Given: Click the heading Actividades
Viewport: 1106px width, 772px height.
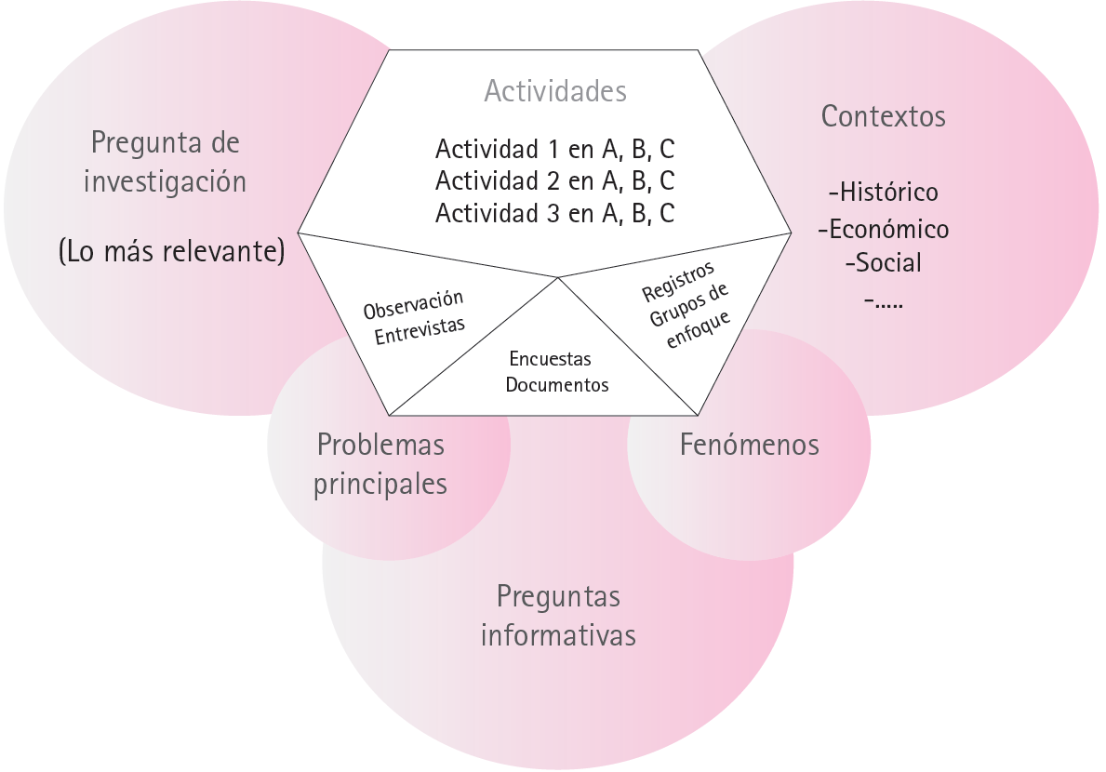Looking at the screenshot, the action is [555, 92].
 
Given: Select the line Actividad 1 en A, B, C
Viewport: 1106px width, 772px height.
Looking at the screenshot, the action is [554, 149].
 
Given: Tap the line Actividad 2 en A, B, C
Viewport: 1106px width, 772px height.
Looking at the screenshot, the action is [554, 180].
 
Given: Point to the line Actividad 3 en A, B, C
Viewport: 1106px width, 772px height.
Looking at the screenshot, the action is [554, 213].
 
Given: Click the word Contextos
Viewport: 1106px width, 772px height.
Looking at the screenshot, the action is [883, 117].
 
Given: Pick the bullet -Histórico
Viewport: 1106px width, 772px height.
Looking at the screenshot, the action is [883, 193].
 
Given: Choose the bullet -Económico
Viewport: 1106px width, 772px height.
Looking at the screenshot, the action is [883, 228].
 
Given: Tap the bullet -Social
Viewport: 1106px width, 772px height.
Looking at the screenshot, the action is [883, 262].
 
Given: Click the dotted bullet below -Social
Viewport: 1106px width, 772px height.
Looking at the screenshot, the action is [883, 299].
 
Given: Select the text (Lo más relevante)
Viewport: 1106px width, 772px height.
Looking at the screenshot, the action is [171, 252].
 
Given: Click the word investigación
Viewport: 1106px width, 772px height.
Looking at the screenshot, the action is [166, 180].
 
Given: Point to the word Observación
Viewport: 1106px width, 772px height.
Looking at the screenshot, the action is [413, 304].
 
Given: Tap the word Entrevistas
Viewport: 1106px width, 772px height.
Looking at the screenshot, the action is [420, 329].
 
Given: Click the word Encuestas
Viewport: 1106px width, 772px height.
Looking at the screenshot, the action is [550, 359].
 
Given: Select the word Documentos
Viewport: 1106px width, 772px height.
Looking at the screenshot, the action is [557, 384].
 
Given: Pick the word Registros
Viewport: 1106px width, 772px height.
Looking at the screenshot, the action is [678, 281].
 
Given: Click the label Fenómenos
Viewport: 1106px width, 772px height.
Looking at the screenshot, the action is [749, 445].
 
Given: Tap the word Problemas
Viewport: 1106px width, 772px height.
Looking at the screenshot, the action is [380, 445].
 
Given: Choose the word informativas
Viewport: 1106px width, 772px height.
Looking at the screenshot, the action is [558, 635].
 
